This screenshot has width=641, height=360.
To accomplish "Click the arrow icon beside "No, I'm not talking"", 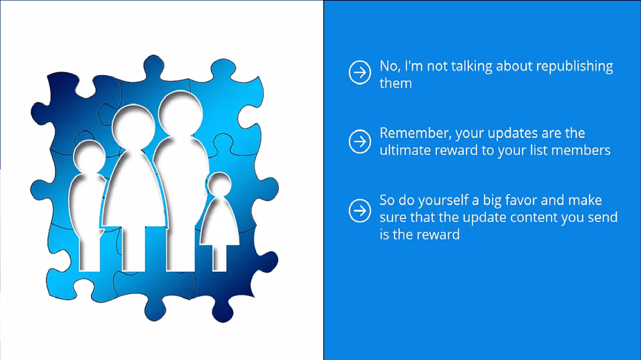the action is pyautogui.click(x=360, y=72).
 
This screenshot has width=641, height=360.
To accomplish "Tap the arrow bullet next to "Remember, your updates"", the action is pyautogui.click(x=360, y=142).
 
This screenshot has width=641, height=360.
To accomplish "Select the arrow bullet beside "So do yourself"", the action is pyautogui.click(x=360, y=210).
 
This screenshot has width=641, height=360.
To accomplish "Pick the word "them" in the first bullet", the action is pyautogui.click(x=395, y=83).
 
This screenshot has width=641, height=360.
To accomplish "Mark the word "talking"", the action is pyautogui.click(x=471, y=67).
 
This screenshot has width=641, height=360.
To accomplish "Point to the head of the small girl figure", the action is pyautogui.click(x=219, y=185).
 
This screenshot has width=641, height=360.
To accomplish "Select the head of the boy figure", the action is pyautogui.click(x=89, y=157).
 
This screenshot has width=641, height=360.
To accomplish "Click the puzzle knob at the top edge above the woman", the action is pyautogui.click(x=154, y=66).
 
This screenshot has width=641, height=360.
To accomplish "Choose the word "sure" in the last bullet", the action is pyautogui.click(x=393, y=217).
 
